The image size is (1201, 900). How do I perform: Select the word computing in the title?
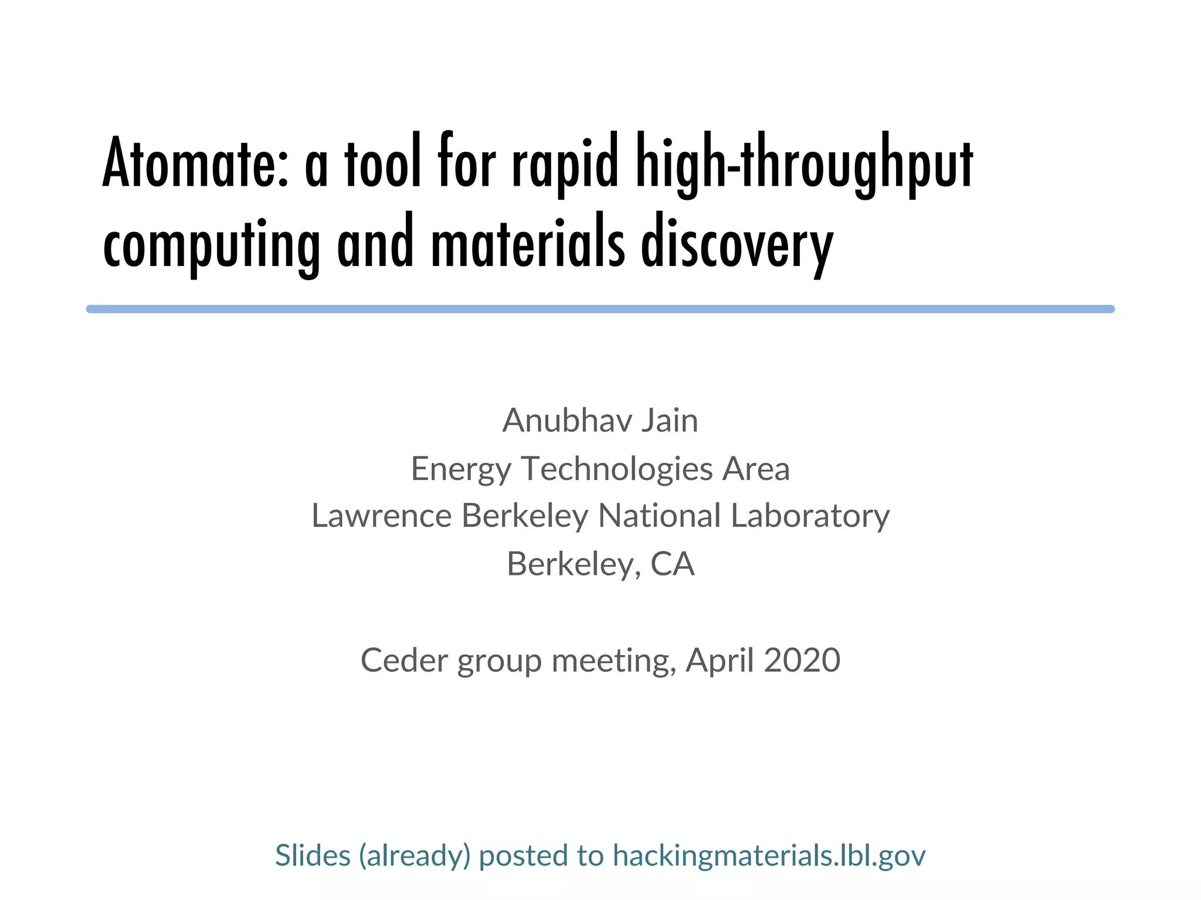(x=211, y=243)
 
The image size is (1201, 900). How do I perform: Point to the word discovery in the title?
(x=737, y=243)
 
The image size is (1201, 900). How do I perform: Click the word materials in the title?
(x=528, y=243)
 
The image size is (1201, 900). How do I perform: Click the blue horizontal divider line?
(x=600, y=309)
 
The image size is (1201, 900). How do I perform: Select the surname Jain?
(x=670, y=421)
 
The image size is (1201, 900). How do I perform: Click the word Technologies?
(x=616, y=469)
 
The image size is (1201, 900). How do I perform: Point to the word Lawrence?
(x=381, y=516)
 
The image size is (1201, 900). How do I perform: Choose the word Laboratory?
(x=810, y=516)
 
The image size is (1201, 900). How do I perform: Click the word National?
(x=659, y=516)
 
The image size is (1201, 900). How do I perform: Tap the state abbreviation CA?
(x=672, y=564)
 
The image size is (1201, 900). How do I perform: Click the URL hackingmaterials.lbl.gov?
(x=769, y=855)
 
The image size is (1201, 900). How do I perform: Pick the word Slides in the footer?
(x=313, y=855)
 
